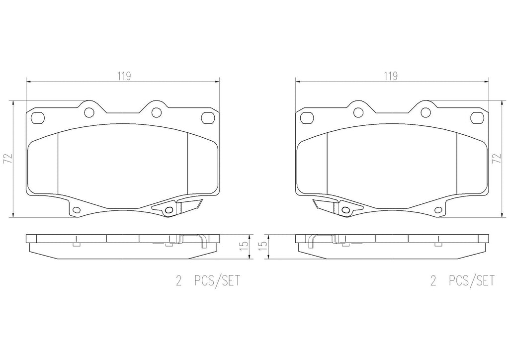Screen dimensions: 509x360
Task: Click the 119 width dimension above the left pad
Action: click(124, 76)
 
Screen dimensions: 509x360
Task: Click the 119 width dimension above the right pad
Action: click(391, 76)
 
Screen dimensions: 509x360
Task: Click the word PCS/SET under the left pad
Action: click(217, 280)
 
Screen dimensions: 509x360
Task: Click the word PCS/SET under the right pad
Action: click(472, 280)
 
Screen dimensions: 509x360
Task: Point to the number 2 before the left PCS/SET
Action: click(178, 280)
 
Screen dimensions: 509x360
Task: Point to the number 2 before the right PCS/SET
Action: click(433, 280)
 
